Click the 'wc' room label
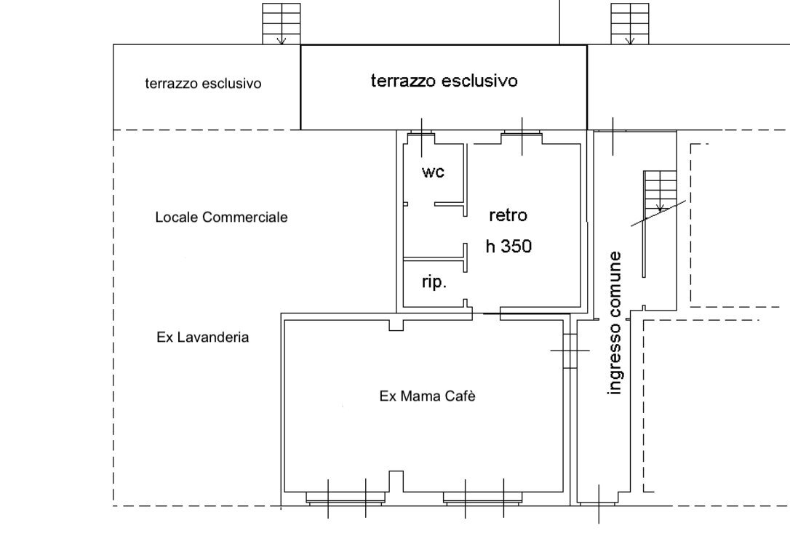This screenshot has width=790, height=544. (x=433, y=172)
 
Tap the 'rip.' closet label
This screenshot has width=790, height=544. (x=434, y=283)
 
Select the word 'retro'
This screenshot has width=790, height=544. (x=508, y=215)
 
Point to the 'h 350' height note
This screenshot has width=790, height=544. (x=508, y=247)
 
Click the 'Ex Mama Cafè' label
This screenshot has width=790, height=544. (x=422, y=396)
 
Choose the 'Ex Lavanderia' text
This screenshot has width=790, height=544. (x=203, y=337)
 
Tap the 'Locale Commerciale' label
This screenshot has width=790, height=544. (x=221, y=217)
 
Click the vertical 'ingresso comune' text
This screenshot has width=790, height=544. (x=615, y=323)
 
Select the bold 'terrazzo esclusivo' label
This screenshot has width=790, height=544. (x=444, y=81)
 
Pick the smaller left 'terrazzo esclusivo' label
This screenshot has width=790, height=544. (x=203, y=84)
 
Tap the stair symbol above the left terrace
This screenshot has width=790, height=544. (x=281, y=23)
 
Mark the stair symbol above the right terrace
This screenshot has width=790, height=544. (x=629, y=23)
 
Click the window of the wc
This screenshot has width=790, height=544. (x=421, y=135)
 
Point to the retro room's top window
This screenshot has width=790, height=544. (x=522, y=135)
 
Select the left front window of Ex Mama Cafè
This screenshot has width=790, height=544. (x=346, y=498)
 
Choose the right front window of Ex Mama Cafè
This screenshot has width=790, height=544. (x=483, y=498)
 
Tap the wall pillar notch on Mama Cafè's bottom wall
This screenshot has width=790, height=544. (x=396, y=481)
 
